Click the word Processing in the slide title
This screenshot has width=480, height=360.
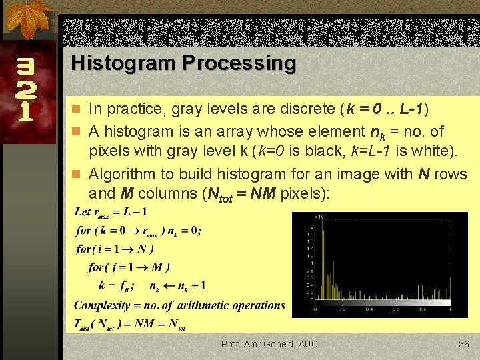(x=239, y=63)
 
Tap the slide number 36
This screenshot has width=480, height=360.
(x=464, y=344)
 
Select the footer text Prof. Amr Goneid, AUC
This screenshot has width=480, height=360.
(x=269, y=344)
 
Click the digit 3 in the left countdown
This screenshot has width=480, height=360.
(x=25, y=68)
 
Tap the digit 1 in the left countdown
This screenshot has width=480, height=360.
(x=25, y=110)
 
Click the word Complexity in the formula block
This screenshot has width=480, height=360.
(x=102, y=305)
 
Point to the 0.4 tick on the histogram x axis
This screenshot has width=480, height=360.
(x=369, y=309)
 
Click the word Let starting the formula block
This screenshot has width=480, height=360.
(x=83, y=212)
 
